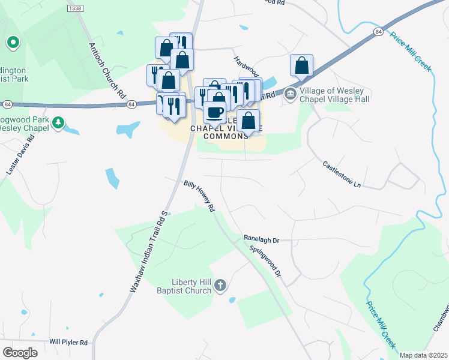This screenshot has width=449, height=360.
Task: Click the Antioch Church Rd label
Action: [107, 71]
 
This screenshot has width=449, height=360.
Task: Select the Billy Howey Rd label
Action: [199, 196]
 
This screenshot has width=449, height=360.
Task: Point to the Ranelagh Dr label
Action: [262, 239]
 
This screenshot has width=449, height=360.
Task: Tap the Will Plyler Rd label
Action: [68, 342]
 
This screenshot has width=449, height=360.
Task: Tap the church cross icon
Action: [220, 285]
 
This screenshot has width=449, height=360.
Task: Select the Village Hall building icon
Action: [291, 94]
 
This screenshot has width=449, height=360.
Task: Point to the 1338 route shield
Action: [75, 8]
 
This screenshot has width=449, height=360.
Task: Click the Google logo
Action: [20, 352]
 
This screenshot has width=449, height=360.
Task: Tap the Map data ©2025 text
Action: [423, 355]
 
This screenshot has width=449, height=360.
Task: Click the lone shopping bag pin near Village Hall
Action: [302, 65]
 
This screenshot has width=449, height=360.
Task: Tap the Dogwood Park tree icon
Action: [58, 122]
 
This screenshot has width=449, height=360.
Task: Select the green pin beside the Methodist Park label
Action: [13, 43]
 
